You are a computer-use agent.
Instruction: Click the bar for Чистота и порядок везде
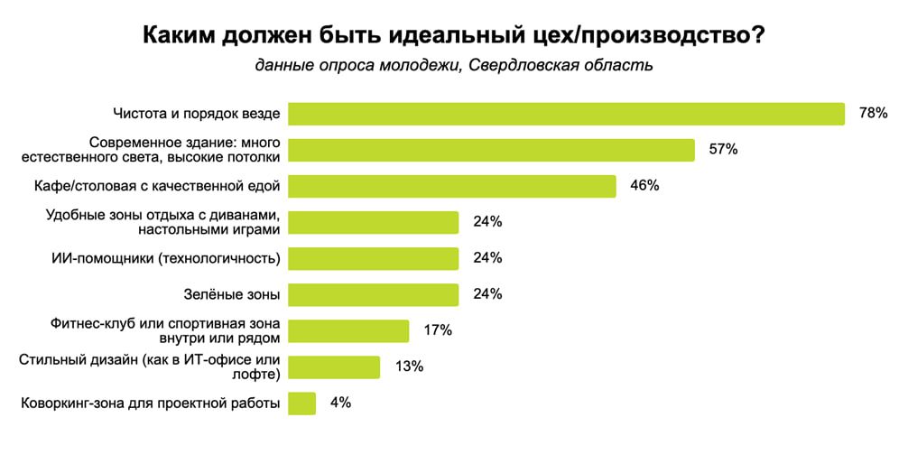[566, 114]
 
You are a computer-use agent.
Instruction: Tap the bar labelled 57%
[491, 150]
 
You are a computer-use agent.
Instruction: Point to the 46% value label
[644, 186]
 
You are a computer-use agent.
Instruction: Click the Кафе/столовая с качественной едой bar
[451, 186]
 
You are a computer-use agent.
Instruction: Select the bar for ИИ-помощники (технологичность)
[373, 258]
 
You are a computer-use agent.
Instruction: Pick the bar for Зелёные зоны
[373, 294]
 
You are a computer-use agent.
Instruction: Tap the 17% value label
[437, 330]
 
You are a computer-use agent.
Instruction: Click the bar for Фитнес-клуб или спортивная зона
[348, 330]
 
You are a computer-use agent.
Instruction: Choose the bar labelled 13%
[334, 366]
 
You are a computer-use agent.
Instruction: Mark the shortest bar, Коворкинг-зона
[301, 403]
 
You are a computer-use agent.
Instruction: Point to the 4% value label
[340, 403]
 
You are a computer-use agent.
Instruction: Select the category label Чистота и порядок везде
[197, 114]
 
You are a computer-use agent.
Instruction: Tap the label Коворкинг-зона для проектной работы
[150, 403]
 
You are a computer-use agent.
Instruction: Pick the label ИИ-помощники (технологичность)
[166, 258]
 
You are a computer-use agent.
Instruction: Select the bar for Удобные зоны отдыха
[373, 222]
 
